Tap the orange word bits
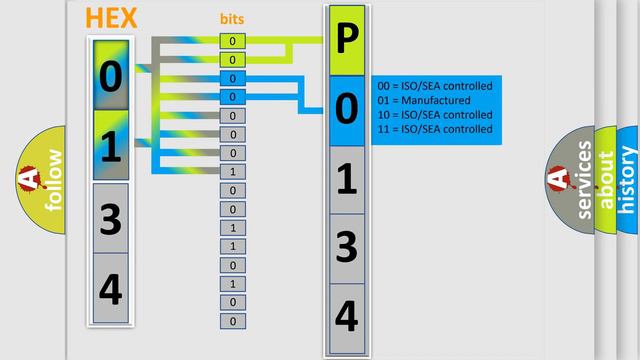tap(232, 19)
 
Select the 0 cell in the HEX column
tap(110, 75)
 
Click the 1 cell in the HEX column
tap(110, 146)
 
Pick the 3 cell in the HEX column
tap(110, 218)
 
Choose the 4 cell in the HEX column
tap(110, 289)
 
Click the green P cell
tap(345, 41)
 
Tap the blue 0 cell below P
tap(345, 110)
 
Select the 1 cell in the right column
tap(345, 179)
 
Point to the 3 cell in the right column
tap(345, 247)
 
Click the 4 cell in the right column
tap(345, 315)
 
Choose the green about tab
tap(606, 180)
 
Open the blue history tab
tap(628, 180)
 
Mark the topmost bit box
tap(232, 41)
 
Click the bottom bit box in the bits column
tap(232, 321)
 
